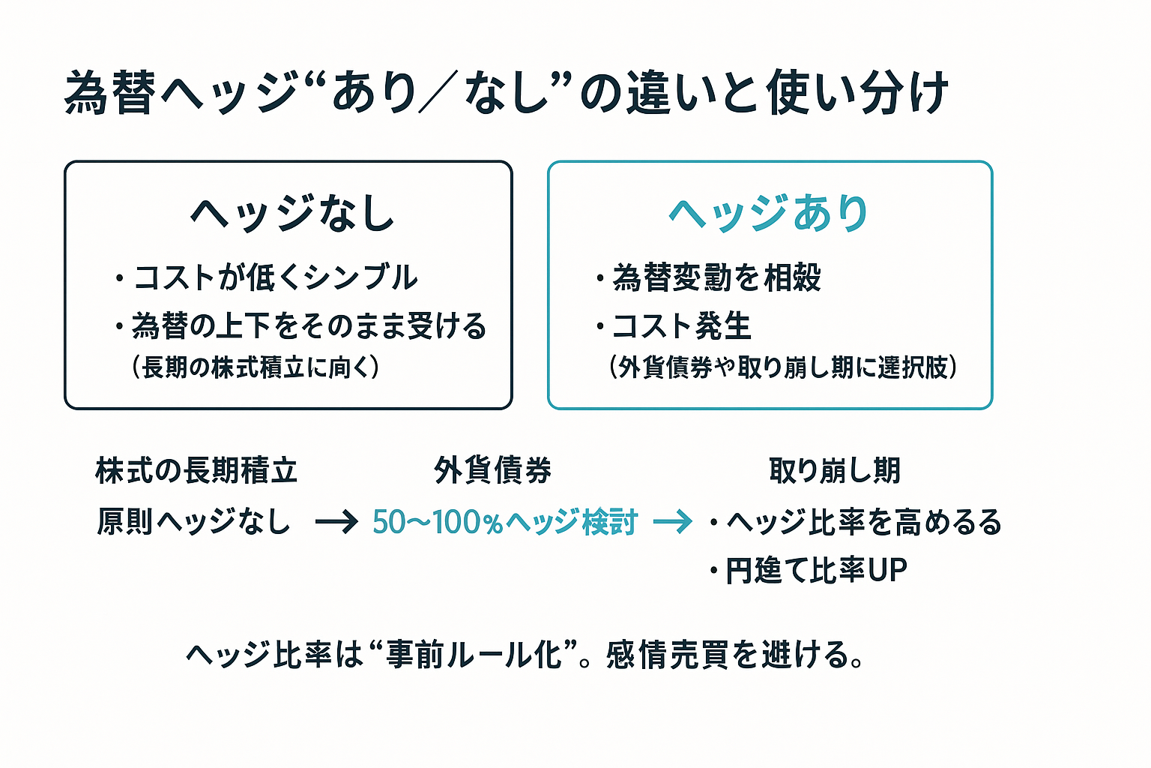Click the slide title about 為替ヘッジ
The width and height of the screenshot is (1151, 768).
pos(507,93)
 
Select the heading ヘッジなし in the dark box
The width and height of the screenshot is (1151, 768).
pos(292,214)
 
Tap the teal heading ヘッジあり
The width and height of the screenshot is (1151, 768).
pos(769,213)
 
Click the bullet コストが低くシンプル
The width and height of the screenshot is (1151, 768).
pos(274,277)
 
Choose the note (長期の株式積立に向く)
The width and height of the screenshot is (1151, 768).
pos(256,367)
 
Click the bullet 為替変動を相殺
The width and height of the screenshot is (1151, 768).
pos(716,277)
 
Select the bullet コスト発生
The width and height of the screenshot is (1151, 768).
pos(681,326)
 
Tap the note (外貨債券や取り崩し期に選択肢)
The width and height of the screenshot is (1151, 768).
pos(784,367)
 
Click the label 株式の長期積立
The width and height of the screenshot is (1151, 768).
pos(196,471)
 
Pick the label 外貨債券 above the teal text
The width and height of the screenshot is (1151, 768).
pos(492,471)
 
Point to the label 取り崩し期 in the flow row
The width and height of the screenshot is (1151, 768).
pos(835,471)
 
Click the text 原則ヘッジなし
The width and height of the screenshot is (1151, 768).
pos(193,521)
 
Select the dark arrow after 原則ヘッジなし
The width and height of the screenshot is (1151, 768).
pos(336,521)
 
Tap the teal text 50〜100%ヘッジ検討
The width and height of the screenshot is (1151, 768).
pos(504,522)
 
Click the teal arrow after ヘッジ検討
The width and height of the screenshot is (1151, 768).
pos(672,521)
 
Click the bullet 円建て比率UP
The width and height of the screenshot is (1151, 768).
pos(816,571)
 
